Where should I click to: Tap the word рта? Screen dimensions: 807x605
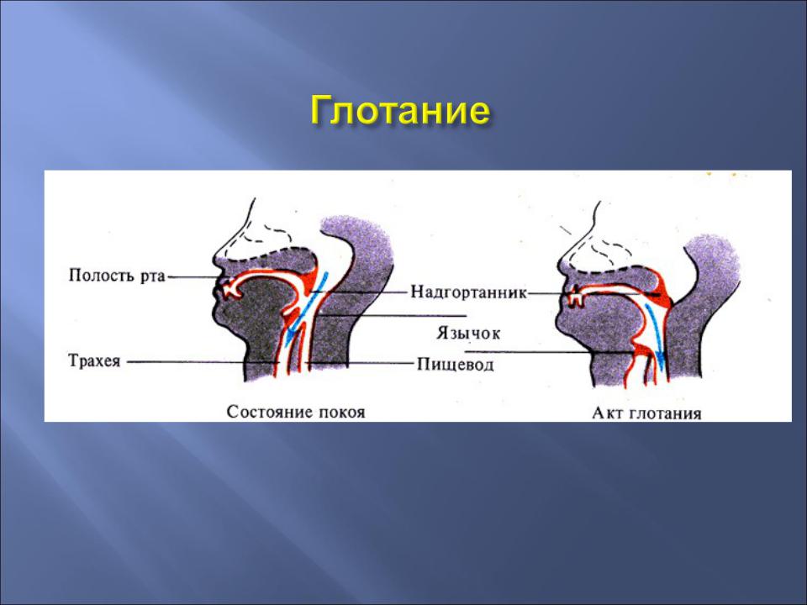(x=152, y=276)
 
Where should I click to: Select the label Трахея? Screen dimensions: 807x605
(x=95, y=360)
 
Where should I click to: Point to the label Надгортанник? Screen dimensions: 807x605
(x=469, y=292)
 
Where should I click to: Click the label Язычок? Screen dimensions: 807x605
(x=468, y=333)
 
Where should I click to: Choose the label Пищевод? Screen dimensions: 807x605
(x=455, y=365)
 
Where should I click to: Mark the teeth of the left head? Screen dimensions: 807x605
(x=231, y=288)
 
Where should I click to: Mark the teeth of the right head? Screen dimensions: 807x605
(x=575, y=297)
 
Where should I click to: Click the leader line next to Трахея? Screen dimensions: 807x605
(x=203, y=361)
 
